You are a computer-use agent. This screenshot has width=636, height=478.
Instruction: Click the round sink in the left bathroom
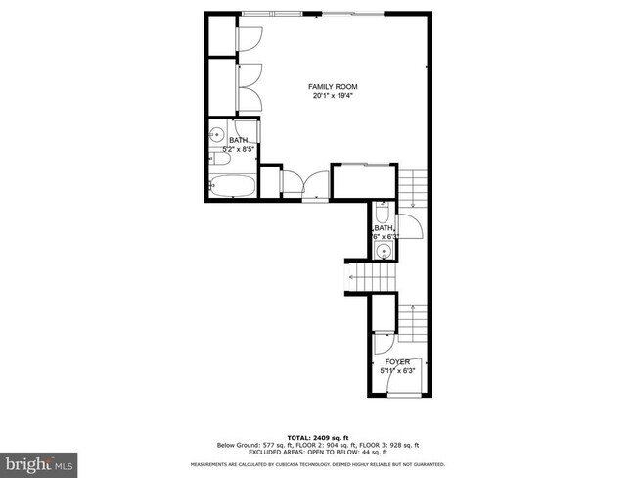[x=216, y=134]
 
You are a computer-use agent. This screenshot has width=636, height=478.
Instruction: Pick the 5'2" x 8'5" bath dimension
[x=238, y=149]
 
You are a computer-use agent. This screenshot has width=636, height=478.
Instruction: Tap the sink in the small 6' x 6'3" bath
[x=385, y=251]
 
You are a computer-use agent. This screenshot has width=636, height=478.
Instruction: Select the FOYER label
[x=396, y=361]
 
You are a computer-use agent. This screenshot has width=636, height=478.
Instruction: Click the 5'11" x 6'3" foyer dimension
[x=396, y=370]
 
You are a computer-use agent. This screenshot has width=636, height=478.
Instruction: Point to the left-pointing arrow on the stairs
[x=350, y=278]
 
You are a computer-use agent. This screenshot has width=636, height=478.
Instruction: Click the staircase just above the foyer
[x=414, y=318]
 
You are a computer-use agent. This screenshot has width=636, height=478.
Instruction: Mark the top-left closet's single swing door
[x=250, y=37]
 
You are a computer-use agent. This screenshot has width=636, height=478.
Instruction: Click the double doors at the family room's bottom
[x=303, y=183]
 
